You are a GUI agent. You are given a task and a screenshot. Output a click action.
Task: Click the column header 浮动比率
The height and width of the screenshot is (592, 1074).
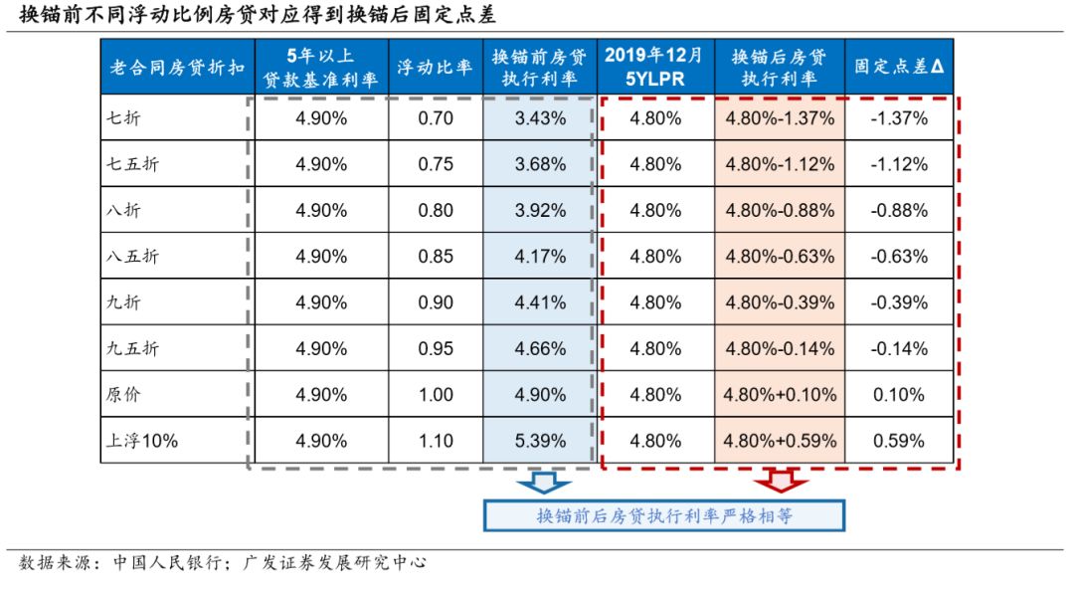click(436, 67)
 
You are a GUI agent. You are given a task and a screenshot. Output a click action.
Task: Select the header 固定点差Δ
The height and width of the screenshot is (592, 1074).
click(898, 67)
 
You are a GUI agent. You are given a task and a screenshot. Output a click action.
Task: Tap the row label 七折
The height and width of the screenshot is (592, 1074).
click(125, 118)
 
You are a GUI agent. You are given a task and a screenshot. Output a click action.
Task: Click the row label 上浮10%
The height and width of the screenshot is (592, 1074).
click(142, 440)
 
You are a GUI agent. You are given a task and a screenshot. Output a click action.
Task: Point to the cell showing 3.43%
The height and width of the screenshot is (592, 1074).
click(540, 118)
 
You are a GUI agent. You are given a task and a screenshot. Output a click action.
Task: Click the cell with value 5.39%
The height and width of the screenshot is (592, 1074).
click(540, 440)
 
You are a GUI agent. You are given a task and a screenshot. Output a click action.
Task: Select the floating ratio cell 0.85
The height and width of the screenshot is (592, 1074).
click(436, 256)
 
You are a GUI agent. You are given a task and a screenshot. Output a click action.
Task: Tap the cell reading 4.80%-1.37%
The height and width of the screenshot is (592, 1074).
click(781, 118)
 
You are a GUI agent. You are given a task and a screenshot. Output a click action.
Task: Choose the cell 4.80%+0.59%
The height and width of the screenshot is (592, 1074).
click(781, 440)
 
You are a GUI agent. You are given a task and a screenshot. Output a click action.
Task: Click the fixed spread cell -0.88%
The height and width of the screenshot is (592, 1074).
click(898, 210)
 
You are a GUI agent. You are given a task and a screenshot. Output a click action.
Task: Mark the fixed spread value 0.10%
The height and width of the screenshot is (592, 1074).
click(898, 394)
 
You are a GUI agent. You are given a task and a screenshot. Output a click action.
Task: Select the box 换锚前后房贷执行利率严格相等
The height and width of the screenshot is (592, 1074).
click(663, 515)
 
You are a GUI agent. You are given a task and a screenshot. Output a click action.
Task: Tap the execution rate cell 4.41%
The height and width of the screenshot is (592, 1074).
click(540, 302)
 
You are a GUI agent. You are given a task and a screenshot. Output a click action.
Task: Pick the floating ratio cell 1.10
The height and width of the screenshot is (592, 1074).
click(436, 440)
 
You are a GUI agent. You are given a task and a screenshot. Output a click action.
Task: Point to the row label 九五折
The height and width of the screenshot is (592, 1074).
click(133, 348)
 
